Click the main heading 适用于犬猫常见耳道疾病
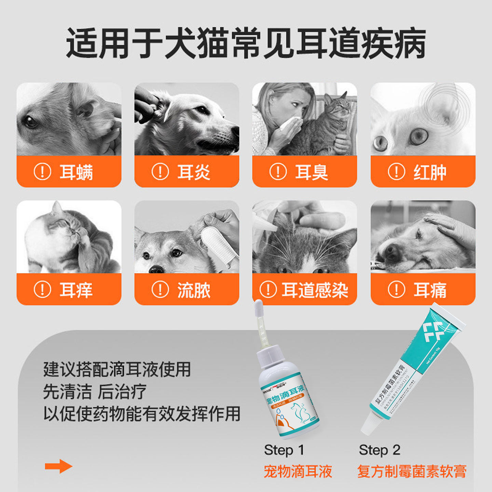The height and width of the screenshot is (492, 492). click(x=246, y=44)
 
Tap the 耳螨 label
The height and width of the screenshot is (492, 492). click(x=76, y=172)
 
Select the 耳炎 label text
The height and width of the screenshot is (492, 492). click(x=194, y=172)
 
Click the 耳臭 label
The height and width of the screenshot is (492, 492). click(x=312, y=172)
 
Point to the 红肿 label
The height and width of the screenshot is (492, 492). click(x=430, y=172)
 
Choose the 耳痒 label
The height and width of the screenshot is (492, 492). click(x=76, y=290)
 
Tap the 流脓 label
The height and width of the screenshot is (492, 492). click(x=194, y=290)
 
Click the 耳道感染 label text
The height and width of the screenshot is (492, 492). click(x=315, y=290)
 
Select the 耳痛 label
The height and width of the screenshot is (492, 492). click(x=430, y=290)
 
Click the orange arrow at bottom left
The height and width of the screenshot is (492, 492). click(x=58, y=466)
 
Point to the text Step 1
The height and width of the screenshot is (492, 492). click(x=284, y=450)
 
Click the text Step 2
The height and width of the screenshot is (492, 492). click(x=379, y=450)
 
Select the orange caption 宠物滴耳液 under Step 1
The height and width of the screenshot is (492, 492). click(x=298, y=471)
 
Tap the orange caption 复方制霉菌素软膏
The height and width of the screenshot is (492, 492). click(x=412, y=471)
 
